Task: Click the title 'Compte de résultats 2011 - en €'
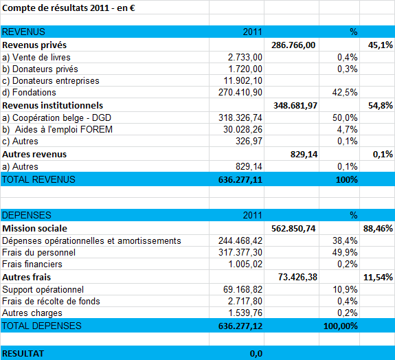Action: pyautogui.click(x=69, y=8)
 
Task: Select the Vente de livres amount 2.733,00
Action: pyautogui.click(x=245, y=58)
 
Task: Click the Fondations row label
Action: pyautogui.click(x=29, y=93)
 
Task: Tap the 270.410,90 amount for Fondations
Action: pyautogui.click(x=240, y=93)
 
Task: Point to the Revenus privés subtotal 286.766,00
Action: pyautogui.click(x=293, y=45)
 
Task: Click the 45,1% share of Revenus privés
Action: pyautogui.click(x=380, y=45)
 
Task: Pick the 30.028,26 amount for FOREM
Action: pyautogui.click(x=242, y=129)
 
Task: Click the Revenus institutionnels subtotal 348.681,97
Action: pyautogui.click(x=295, y=105)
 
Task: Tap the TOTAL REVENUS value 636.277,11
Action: pyautogui.click(x=240, y=179)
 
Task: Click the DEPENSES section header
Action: pyautogui.click(x=27, y=215)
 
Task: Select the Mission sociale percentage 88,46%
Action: pyautogui.click(x=378, y=229)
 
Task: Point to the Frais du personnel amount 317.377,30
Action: pyautogui.click(x=240, y=252)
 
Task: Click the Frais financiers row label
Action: pyautogui.click(x=32, y=264)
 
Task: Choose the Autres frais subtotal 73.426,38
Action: pyautogui.click(x=297, y=277)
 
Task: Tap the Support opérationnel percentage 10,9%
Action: pyautogui.click(x=345, y=289)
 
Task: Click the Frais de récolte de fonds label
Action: pyautogui.click(x=51, y=302)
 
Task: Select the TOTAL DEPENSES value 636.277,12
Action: pyautogui.click(x=240, y=326)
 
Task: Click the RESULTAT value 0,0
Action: pyautogui.click(x=256, y=354)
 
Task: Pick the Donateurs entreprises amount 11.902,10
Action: pyautogui.click(x=242, y=81)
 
